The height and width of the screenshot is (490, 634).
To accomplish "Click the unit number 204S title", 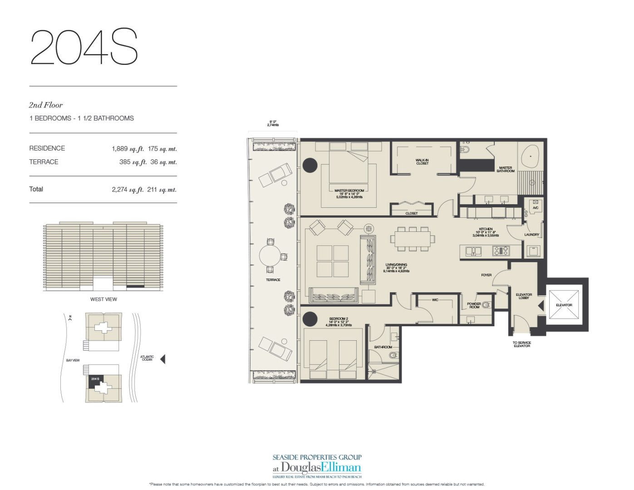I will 84,47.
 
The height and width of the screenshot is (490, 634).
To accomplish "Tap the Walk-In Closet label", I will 422,162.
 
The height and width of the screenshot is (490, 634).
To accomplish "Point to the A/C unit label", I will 535,208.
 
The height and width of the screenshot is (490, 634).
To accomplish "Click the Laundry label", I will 531,235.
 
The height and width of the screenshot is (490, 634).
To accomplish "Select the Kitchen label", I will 486,229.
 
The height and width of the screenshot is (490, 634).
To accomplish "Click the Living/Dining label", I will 396,265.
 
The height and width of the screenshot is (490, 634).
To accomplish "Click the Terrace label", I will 273,280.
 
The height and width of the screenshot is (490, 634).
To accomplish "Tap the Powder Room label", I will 474,305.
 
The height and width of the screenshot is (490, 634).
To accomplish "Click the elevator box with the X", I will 564,304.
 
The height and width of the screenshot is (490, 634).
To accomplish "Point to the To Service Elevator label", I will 521,344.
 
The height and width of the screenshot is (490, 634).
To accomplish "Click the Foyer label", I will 486,275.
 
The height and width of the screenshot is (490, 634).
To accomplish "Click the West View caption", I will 103,299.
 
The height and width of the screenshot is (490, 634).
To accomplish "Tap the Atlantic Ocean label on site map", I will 147,358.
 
